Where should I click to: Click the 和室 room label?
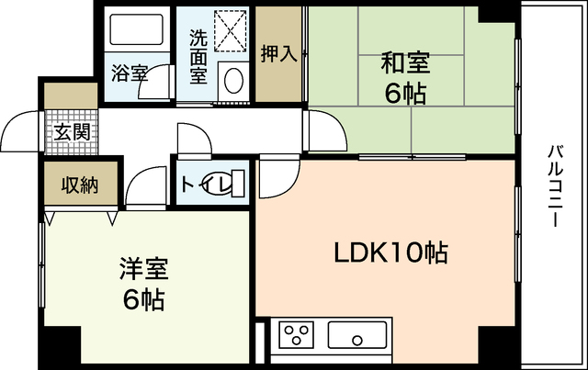pyautogui.click(x=405, y=64)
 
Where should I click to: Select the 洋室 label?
pyautogui.click(x=142, y=272)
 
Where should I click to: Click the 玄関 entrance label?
pyautogui.click(x=71, y=132)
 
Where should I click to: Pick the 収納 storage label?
pyautogui.click(x=79, y=185)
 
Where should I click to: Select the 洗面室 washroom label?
pyautogui.click(x=198, y=58)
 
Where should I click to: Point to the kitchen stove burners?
pyautogui.click(x=297, y=333)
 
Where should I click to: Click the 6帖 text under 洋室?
pyautogui.click(x=142, y=299)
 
